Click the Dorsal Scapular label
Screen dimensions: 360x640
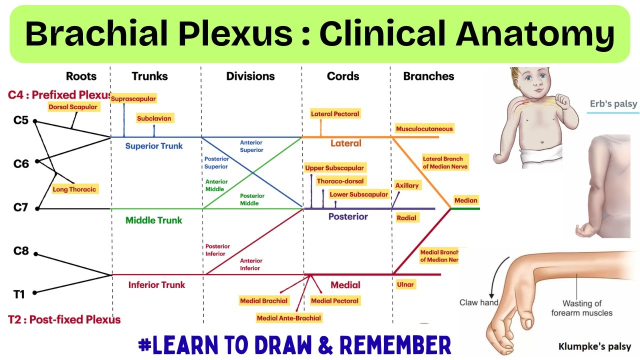[x=73, y=106]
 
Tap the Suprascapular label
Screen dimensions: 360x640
[x=133, y=98]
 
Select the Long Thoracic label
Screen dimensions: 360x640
[x=74, y=189]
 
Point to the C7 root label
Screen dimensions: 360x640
[x=20, y=208]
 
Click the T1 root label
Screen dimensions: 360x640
[x=19, y=294]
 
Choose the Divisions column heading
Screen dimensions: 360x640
[x=250, y=76]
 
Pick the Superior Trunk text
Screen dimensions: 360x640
[x=154, y=146]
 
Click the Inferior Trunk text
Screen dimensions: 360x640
[x=156, y=285]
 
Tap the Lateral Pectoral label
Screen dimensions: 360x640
[x=335, y=114]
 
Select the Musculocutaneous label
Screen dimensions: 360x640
[x=424, y=129]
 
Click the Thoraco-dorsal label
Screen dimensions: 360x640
[x=340, y=181]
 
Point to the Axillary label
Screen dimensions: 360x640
[x=407, y=185]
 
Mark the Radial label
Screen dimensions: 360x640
[x=406, y=218]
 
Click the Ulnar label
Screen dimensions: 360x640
[x=405, y=284]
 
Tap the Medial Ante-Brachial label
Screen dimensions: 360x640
[x=288, y=318]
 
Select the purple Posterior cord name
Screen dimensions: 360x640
[x=348, y=216]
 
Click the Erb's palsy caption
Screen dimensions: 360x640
[x=613, y=104]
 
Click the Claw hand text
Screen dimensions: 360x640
[x=478, y=302]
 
